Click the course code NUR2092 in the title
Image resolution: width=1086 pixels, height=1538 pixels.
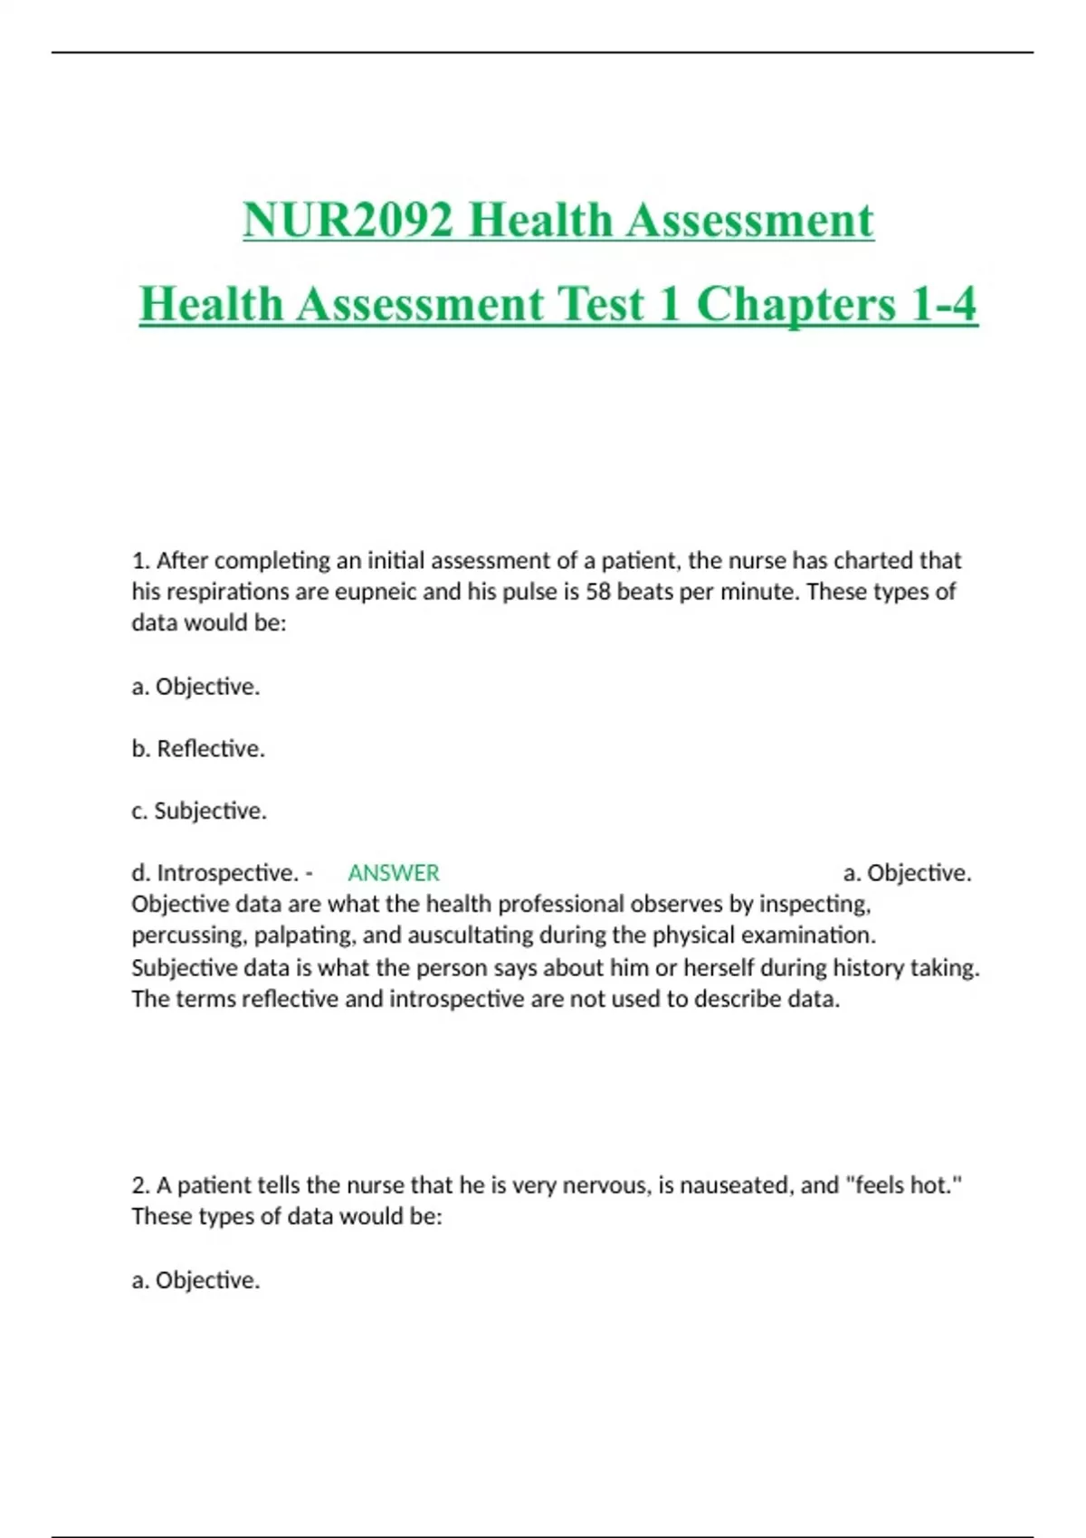(348, 221)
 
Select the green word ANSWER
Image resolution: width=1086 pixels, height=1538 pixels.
(394, 873)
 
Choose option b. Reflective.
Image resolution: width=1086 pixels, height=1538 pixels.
(198, 749)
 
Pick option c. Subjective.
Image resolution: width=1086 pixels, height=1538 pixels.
(199, 811)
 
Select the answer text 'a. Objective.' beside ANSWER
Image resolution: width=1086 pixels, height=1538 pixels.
(907, 873)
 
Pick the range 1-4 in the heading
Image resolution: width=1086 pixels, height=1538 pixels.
(944, 304)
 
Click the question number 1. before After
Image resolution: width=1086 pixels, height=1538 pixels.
(140, 561)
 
